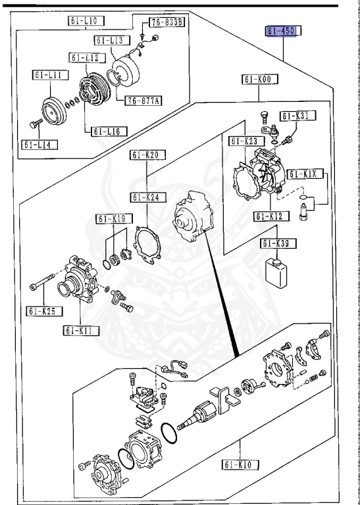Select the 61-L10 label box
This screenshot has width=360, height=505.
coord(86,21)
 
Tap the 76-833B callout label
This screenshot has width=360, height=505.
coord(167,22)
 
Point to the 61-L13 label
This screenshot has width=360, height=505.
coord(113,40)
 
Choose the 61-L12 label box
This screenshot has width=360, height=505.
coord(88,58)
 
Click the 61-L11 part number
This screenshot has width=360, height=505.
coord(50,75)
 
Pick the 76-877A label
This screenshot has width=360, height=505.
coord(143,101)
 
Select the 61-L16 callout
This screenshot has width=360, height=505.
coord(109,132)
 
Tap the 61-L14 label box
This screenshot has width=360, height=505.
coord(39,145)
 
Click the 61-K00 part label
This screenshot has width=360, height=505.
coord(261,79)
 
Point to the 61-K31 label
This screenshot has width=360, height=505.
coord(297,116)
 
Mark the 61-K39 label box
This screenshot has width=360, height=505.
coord(279,243)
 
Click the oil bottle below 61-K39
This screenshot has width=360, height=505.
coord(276,273)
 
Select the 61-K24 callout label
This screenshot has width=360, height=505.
coord(148,197)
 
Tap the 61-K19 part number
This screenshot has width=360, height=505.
coord(115,219)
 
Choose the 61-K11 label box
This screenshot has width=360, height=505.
coord(81,331)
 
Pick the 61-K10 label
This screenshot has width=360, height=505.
coord(240,464)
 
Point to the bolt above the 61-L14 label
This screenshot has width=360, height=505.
coord(36,124)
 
